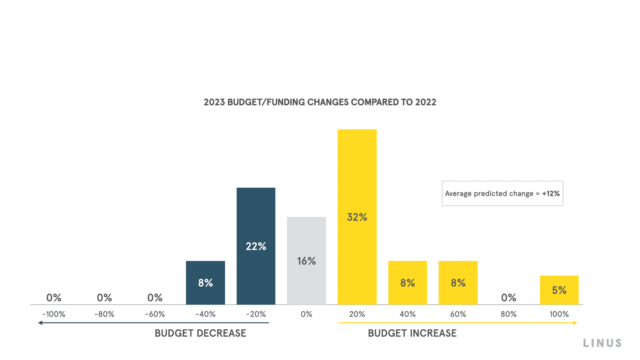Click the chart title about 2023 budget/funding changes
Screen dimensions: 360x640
pyautogui.click(x=320, y=102)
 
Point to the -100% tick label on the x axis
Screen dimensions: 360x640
pyautogui.click(x=54, y=314)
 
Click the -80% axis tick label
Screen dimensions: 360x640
pyautogui.click(x=104, y=314)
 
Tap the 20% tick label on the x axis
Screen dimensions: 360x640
pyautogui.click(x=357, y=314)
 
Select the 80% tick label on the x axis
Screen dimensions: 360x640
pyautogui.click(x=508, y=314)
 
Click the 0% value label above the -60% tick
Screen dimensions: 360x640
pyautogui.click(x=155, y=297)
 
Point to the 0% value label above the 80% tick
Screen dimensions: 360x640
pyautogui.click(x=508, y=297)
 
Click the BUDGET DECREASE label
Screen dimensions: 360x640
pyautogui.click(x=200, y=333)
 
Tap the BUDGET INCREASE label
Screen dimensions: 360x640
pyautogui.click(x=412, y=333)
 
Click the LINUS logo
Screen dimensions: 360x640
pyautogui.click(x=602, y=343)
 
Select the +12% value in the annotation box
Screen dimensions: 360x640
pyautogui.click(x=551, y=194)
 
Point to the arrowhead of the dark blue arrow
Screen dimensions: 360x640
pyautogui.click(x=40, y=323)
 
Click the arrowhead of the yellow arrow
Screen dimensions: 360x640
pyautogui.click(x=575, y=323)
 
